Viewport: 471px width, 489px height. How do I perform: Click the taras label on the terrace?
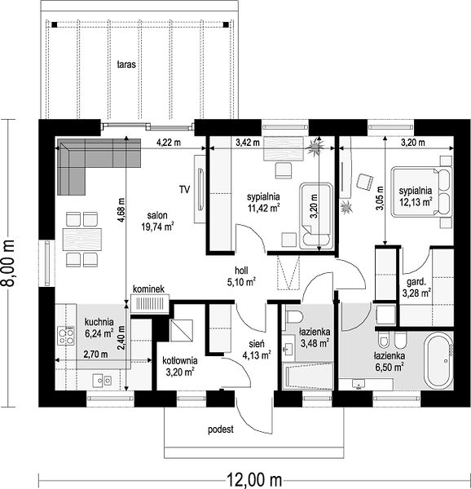126,64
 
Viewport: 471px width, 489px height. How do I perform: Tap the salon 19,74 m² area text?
157,221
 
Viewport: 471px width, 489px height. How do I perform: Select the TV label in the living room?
184,189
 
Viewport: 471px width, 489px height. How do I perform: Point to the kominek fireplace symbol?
150,303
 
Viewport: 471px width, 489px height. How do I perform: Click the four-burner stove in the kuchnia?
66,336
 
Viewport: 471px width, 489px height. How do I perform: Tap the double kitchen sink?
102,381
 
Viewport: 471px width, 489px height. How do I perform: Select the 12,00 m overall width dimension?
253,479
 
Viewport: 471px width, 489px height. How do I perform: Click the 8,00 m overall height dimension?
8,263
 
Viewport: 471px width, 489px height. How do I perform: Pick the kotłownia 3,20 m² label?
180,366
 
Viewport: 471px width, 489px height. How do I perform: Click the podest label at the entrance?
221,430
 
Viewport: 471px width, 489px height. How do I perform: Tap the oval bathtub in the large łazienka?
440,361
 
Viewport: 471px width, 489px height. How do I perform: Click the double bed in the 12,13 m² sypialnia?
421,192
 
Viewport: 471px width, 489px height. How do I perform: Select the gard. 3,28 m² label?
416,288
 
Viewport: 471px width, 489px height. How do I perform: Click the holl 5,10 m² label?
241,276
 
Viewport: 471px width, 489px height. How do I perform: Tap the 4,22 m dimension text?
169,143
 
